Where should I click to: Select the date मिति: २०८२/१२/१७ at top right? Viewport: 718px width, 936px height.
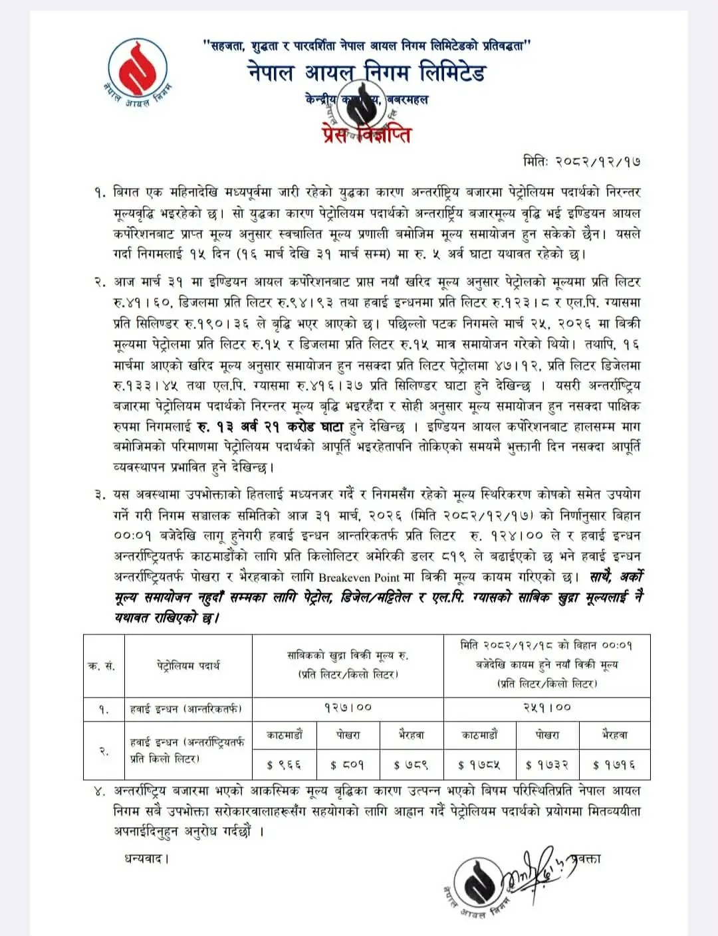pyautogui.click(x=582, y=161)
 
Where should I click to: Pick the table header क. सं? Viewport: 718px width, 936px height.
pyautogui.click(x=102, y=666)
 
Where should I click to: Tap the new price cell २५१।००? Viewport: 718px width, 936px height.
pyautogui.click(x=546, y=707)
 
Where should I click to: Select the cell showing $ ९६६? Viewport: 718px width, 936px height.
pyautogui.click(x=284, y=765)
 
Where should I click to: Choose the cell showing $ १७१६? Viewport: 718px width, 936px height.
pyautogui.click(x=614, y=765)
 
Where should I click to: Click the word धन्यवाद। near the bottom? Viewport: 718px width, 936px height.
pyautogui.click(x=146, y=859)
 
